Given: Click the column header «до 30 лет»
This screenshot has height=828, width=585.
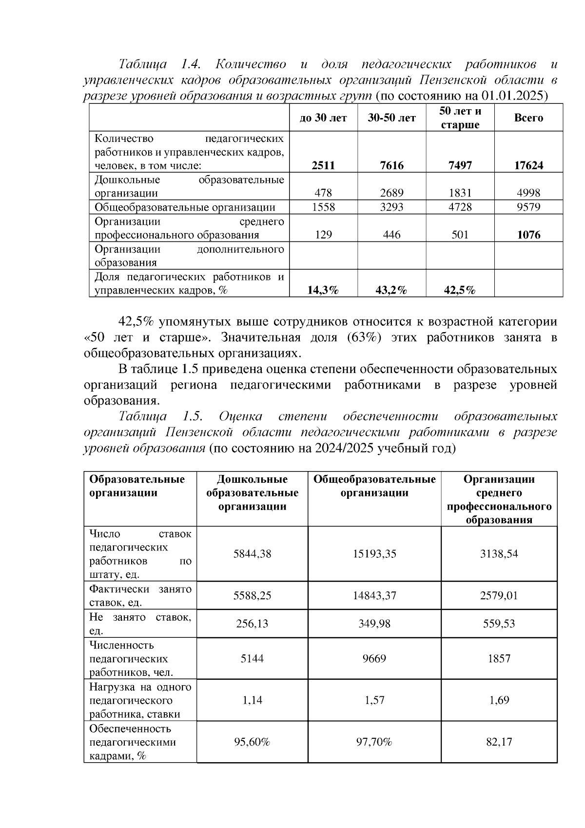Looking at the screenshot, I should coord(323,118).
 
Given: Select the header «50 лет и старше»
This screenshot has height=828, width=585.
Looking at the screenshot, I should coord(460,118).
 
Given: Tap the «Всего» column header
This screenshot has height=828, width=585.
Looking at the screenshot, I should coord(528,118).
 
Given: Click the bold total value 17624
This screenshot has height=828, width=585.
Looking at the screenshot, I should coord(528,165).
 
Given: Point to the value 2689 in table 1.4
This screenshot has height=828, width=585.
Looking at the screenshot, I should coord(392,193).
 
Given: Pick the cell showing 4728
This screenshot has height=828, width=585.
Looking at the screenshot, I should coord(460,207).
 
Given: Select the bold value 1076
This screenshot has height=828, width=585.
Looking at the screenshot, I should coord(528,235).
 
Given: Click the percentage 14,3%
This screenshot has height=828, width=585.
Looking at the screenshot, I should coord(323,291).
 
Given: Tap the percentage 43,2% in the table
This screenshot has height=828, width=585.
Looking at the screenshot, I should coord(392,291).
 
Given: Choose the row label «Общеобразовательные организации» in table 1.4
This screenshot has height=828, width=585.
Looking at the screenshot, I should coord(185,207).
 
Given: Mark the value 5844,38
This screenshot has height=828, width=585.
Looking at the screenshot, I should coord(252,553).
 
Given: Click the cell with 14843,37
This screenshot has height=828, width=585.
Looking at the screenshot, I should coord(374,595).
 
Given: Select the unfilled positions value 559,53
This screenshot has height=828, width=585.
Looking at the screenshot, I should coord(499,624).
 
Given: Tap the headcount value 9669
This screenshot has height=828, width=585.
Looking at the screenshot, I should coord(374,659).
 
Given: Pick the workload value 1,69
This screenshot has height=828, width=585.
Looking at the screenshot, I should coord(499,700).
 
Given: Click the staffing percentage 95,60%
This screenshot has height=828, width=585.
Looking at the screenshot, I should coord(252,742).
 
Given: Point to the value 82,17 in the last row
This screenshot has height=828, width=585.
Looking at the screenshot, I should coord(499,742).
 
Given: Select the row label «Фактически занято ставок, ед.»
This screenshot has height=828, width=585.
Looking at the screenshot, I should coord(140,595).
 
